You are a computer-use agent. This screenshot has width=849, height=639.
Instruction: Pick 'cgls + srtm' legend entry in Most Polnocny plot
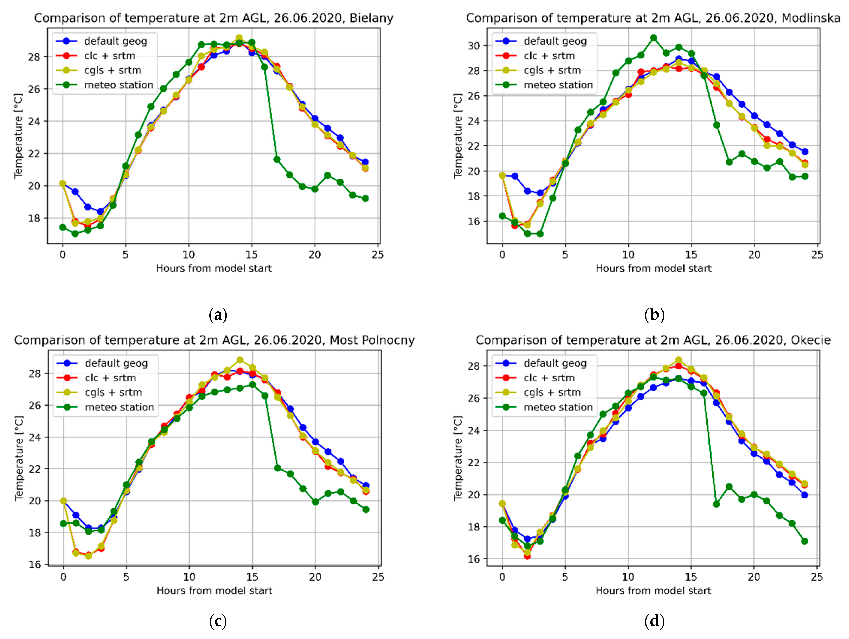pyautogui.click(x=113, y=392)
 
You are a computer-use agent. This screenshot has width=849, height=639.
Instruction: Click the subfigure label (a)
pyautogui.click(x=218, y=315)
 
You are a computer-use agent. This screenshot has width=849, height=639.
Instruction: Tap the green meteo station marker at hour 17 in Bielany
pyautogui.click(x=277, y=159)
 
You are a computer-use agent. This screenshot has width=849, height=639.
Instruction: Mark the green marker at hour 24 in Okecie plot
pyautogui.click(x=804, y=541)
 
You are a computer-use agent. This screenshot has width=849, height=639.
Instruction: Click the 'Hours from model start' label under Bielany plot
pyautogui.click(x=214, y=268)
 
